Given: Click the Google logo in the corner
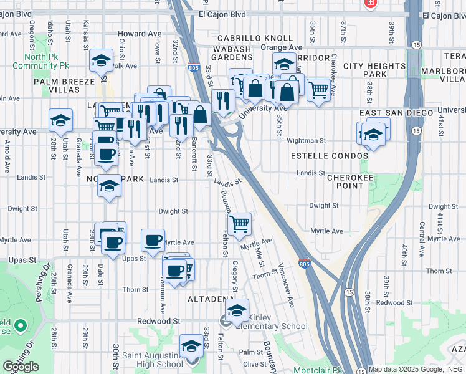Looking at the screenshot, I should click(x=21, y=367).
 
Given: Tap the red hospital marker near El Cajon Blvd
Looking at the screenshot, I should click(x=370, y=3).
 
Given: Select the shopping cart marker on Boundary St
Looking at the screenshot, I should click(x=239, y=224).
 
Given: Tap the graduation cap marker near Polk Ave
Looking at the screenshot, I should click(x=101, y=61).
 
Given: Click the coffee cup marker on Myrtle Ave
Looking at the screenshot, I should click(x=153, y=240).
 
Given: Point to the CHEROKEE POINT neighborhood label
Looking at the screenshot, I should click(x=354, y=181).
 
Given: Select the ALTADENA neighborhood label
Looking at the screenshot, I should click(x=211, y=299).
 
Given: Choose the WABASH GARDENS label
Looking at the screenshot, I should click(x=232, y=54).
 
